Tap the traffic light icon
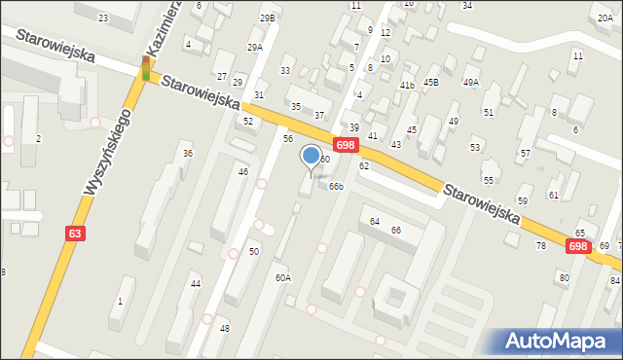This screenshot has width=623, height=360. (146, 68)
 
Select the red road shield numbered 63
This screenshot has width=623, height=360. (76, 234)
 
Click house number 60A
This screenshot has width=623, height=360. (282, 277)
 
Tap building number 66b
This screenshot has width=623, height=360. (336, 186)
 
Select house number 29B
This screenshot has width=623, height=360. (267, 18)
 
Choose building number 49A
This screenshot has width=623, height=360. (471, 83)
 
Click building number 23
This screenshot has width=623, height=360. (103, 18)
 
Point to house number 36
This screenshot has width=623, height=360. (187, 154)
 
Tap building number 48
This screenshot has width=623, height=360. (224, 328)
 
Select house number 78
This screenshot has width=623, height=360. (541, 245)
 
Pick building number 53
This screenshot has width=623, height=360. (475, 147)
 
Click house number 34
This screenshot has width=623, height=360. (467, 5)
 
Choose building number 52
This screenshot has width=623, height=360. (248, 121)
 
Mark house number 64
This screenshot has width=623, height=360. (375, 221)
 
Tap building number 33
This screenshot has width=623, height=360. (285, 70)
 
